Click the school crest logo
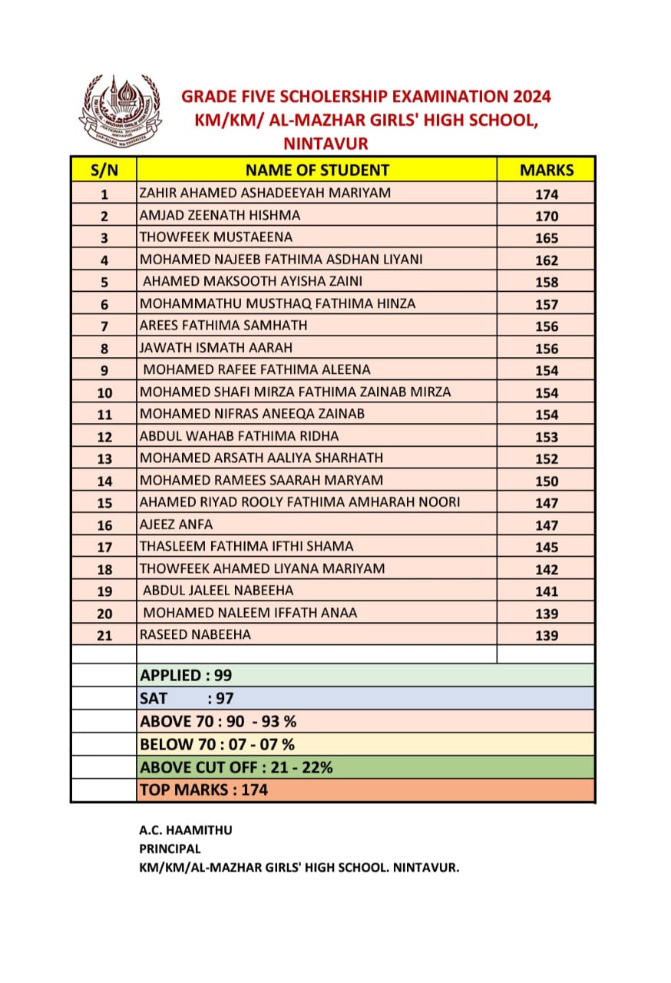(x=121, y=108)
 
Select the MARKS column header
(x=547, y=170)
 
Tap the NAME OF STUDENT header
(x=317, y=170)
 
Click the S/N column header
(x=104, y=170)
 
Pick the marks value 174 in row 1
(x=547, y=194)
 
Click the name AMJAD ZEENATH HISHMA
(x=220, y=215)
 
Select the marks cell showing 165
(x=547, y=238)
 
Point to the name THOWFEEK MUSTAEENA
(x=216, y=237)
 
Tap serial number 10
(x=104, y=392)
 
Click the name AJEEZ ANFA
(x=176, y=525)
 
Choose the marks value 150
(x=547, y=481)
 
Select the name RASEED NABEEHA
(x=195, y=634)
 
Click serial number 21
(x=104, y=635)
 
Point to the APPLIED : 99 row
(x=186, y=676)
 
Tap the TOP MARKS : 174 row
(x=203, y=789)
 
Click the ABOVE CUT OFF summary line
(x=236, y=766)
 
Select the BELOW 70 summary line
(x=217, y=744)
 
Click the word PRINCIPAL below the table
(x=170, y=849)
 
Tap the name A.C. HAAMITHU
(x=185, y=829)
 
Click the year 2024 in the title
(x=524, y=97)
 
